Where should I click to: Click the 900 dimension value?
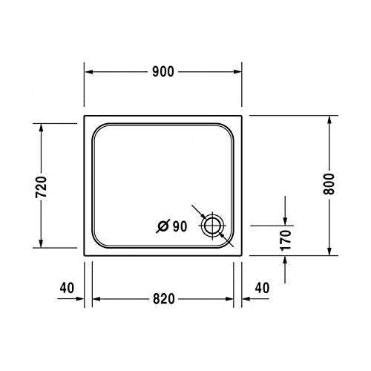pyautogui.click(x=163, y=72)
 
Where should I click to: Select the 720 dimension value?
pyautogui.click(x=42, y=185)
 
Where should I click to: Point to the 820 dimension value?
pyautogui.click(x=163, y=299)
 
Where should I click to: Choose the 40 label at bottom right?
pyautogui.click(x=261, y=286)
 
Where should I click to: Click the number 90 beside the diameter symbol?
pyautogui.click(x=179, y=227)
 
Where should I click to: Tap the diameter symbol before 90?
pyautogui.click(x=163, y=227)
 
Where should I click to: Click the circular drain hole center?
pyautogui.click(x=214, y=226)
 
